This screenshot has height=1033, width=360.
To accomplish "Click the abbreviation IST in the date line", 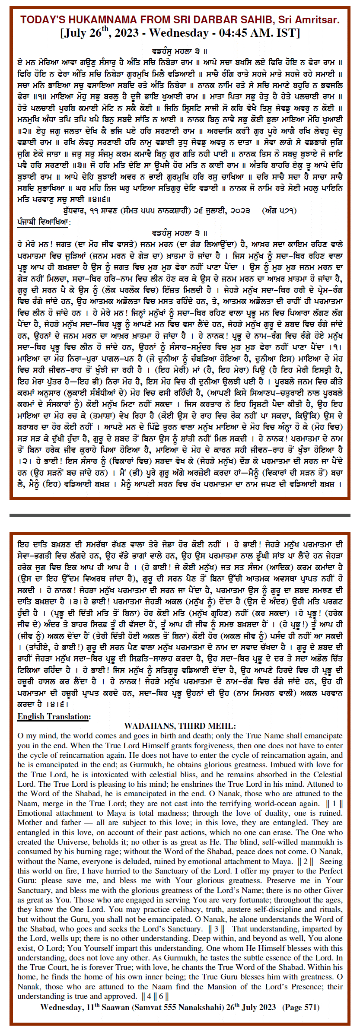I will (x=292, y=33).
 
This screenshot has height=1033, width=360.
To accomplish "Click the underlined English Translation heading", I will (x=54, y=717).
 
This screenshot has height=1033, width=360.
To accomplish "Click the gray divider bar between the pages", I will (x=180, y=515).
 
